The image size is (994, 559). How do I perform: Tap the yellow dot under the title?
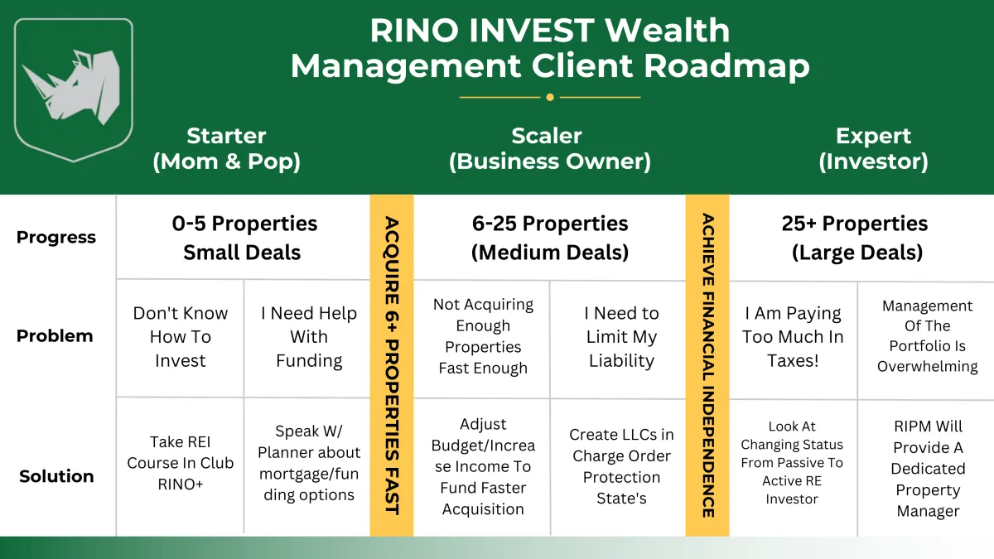point(550,97)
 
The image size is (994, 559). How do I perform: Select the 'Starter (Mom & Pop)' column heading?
point(226,148)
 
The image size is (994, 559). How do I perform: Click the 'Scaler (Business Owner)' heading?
point(550,148)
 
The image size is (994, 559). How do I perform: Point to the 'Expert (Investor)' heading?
point(873,148)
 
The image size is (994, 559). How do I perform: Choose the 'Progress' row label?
point(56,238)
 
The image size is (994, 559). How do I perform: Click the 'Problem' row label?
point(55,336)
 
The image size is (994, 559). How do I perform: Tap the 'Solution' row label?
point(56,476)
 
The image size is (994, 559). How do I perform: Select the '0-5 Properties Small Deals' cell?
point(244,238)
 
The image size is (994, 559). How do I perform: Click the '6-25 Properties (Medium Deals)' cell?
point(550,238)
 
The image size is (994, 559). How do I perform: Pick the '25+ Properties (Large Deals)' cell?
point(856,238)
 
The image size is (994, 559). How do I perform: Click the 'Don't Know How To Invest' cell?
point(181,337)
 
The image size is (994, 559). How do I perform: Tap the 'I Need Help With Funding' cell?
point(309,337)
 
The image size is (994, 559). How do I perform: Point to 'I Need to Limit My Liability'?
point(621,337)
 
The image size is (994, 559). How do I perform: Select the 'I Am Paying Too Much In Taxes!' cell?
point(793,337)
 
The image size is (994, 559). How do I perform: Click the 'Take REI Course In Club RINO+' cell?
point(181,463)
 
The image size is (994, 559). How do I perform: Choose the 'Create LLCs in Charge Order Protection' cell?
point(621,466)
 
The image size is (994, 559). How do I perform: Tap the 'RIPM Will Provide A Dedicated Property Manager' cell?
point(928,469)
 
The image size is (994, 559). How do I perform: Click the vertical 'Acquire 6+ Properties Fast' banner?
point(392,365)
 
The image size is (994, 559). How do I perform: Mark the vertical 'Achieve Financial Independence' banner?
point(707,365)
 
